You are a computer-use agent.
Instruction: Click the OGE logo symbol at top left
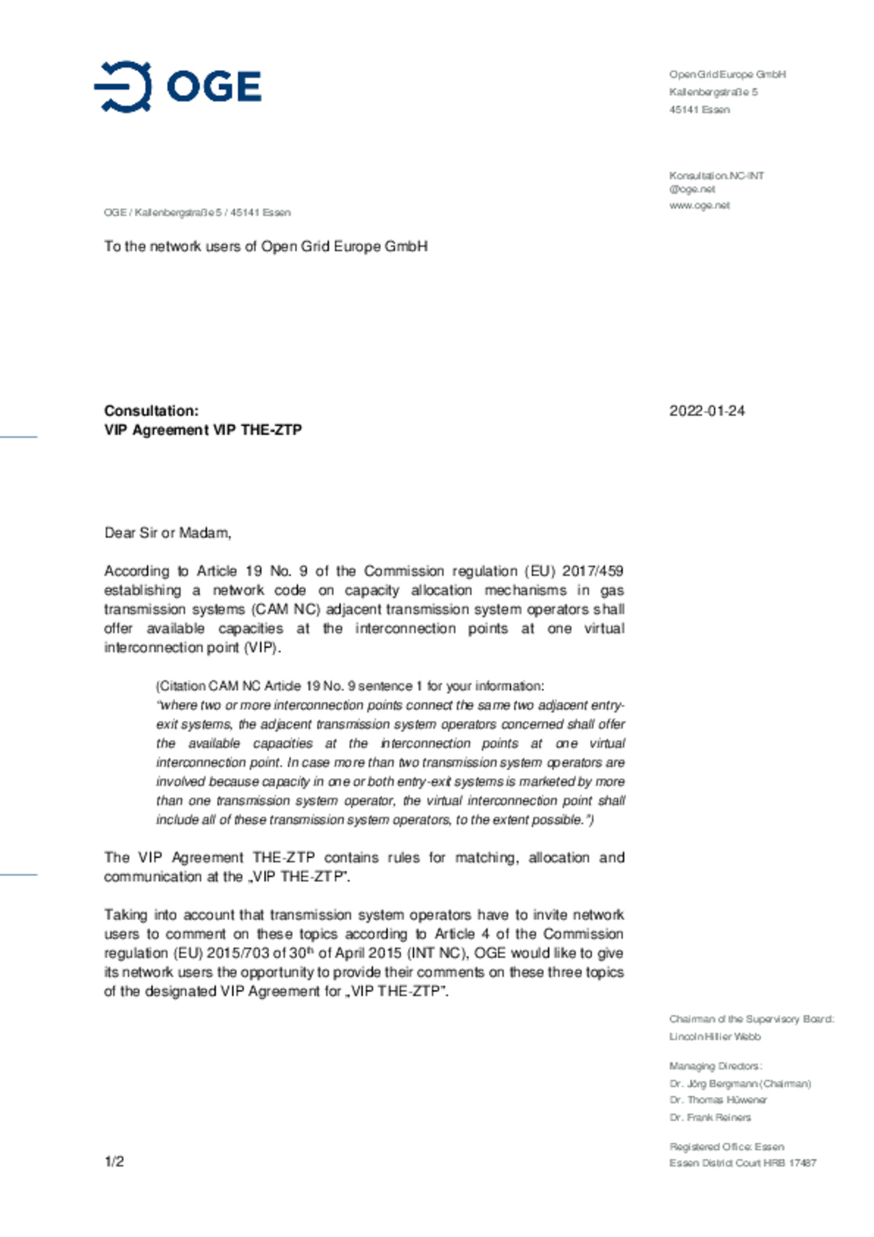click(x=123, y=87)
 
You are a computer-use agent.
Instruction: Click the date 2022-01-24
click(x=706, y=411)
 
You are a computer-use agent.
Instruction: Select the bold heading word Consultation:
click(x=151, y=411)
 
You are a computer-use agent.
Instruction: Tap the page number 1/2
click(x=114, y=1161)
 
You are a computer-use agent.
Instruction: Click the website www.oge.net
click(x=699, y=205)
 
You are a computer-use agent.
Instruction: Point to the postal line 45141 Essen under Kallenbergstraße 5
click(x=699, y=110)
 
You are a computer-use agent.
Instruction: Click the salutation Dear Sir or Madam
click(x=168, y=533)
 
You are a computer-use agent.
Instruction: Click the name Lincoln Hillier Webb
click(x=714, y=1037)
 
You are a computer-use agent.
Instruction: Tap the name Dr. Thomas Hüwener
click(x=718, y=1100)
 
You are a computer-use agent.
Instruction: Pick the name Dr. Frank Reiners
click(x=710, y=1117)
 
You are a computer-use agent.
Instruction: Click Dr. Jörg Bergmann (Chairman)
click(x=740, y=1083)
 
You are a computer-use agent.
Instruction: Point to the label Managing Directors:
click(x=716, y=1066)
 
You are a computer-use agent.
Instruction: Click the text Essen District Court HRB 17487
click(x=742, y=1163)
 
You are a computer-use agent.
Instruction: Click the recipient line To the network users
click(x=265, y=246)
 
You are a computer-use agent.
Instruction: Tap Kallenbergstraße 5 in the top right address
click(x=713, y=92)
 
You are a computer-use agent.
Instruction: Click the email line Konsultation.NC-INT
click(x=716, y=176)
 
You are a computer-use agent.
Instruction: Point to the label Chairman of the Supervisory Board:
click(x=751, y=1019)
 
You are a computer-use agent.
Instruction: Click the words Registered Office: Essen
click(x=727, y=1147)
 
